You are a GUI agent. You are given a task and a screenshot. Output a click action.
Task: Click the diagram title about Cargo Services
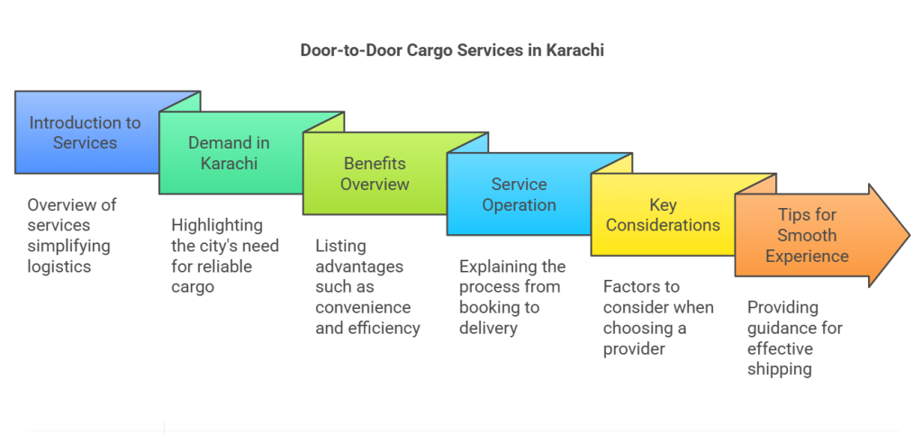451,50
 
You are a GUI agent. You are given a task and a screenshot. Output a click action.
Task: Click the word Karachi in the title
575,50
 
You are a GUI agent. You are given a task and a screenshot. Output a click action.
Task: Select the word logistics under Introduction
59,266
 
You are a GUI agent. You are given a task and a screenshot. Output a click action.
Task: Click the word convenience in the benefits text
362,308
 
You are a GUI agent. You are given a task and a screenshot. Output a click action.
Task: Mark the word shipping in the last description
780,369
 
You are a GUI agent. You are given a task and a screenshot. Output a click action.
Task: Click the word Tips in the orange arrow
795,215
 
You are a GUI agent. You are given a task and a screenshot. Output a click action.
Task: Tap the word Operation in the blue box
519,204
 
